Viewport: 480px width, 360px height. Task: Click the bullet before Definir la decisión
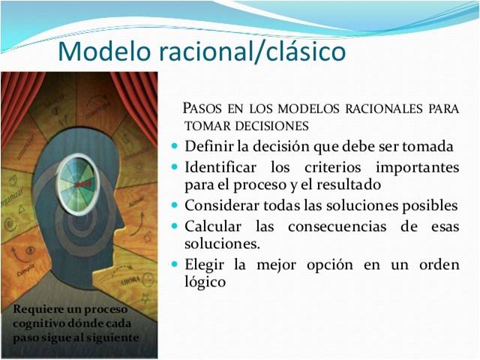(175, 145)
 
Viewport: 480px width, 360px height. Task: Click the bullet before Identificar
(175, 166)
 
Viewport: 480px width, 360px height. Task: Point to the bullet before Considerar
(175, 205)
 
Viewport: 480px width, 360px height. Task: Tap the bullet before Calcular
(175, 225)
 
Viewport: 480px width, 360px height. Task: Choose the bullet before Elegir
(175, 264)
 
